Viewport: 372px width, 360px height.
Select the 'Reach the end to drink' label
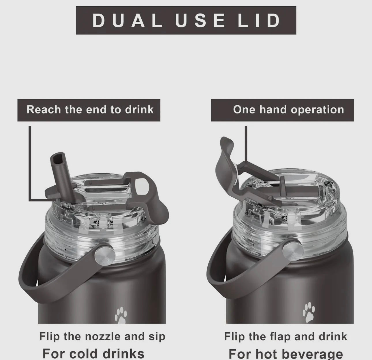(x=90, y=110)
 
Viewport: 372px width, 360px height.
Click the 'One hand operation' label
(x=288, y=110)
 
